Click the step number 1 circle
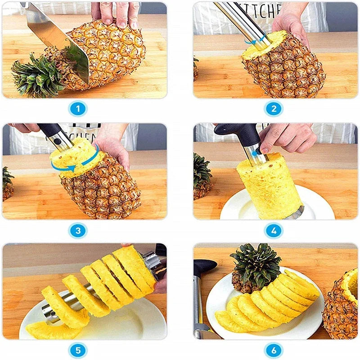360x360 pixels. pyautogui.click(x=78, y=108)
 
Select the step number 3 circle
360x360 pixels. pyautogui.click(x=78, y=231)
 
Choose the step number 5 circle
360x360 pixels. pyautogui.click(x=78, y=350)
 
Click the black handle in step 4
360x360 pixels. pyautogui.click(x=236, y=133)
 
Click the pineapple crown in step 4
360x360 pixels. pyautogui.click(x=202, y=173)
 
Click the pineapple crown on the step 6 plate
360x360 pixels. pyautogui.click(x=254, y=265)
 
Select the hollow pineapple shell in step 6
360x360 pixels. pyautogui.click(x=342, y=306)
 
